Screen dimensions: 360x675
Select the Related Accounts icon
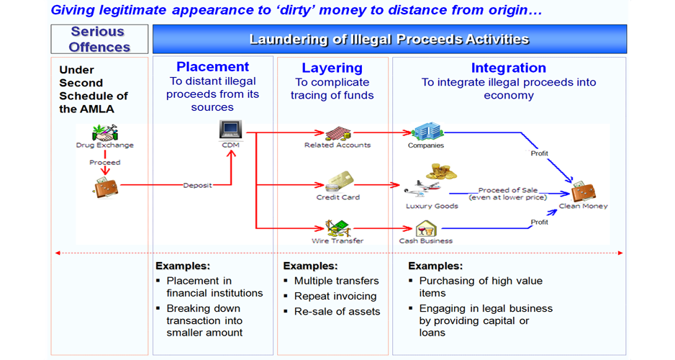coord(337,133)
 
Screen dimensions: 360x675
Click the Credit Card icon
coord(337,182)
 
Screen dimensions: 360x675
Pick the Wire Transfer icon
coord(338,228)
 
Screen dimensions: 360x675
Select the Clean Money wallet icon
coord(584,192)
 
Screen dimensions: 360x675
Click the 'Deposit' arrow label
coord(197,185)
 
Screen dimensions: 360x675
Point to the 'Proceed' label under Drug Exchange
coord(104,163)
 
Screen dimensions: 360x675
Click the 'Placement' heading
coord(212,68)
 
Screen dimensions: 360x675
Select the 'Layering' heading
coord(332,68)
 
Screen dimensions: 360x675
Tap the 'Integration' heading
coord(508,68)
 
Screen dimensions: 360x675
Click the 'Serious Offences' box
coord(99,40)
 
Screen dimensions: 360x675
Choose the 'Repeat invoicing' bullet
coord(335,296)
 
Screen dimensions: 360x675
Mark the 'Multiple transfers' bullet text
coord(336,281)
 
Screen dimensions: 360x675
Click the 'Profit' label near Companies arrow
coord(539,153)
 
